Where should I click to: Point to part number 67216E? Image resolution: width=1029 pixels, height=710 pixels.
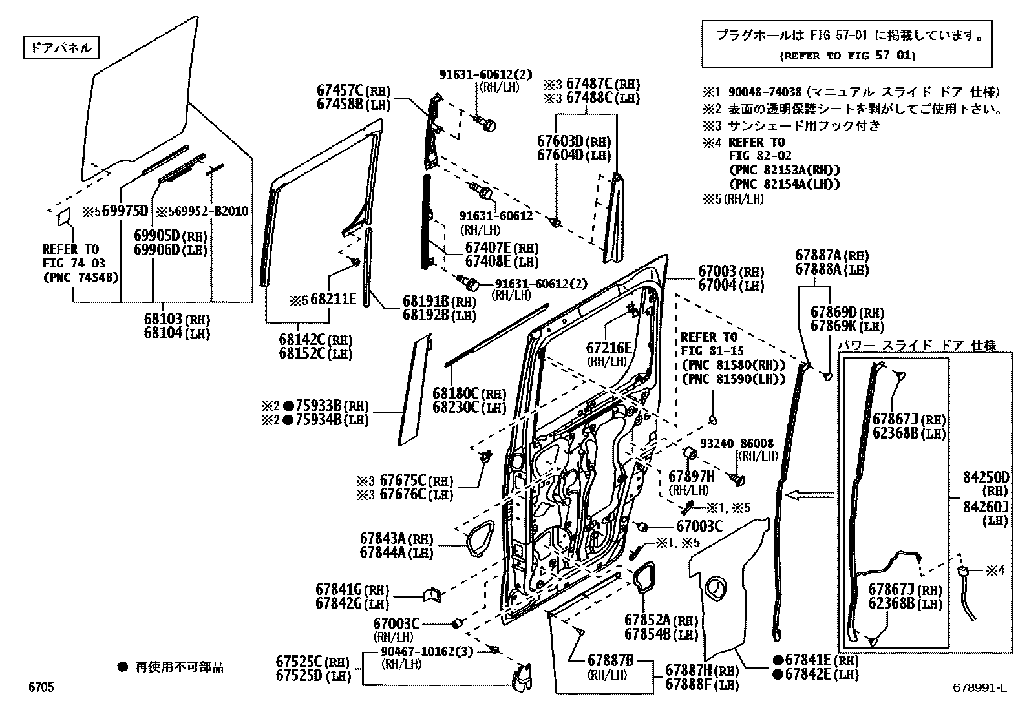(x=609, y=348)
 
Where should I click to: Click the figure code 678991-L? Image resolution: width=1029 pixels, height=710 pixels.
(x=979, y=687)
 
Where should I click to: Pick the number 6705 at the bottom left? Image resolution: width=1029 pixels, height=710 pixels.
(x=41, y=687)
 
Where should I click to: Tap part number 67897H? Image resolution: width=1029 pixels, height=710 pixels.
(x=691, y=477)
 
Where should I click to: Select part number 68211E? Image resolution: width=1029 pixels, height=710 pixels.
(x=332, y=298)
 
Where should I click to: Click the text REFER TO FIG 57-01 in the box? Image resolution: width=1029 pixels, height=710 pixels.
(x=847, y=56)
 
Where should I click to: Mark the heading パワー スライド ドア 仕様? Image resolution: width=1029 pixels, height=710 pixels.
(x=917, y=345)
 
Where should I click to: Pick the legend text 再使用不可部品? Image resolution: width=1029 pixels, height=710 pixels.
(x=179, y=667)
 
